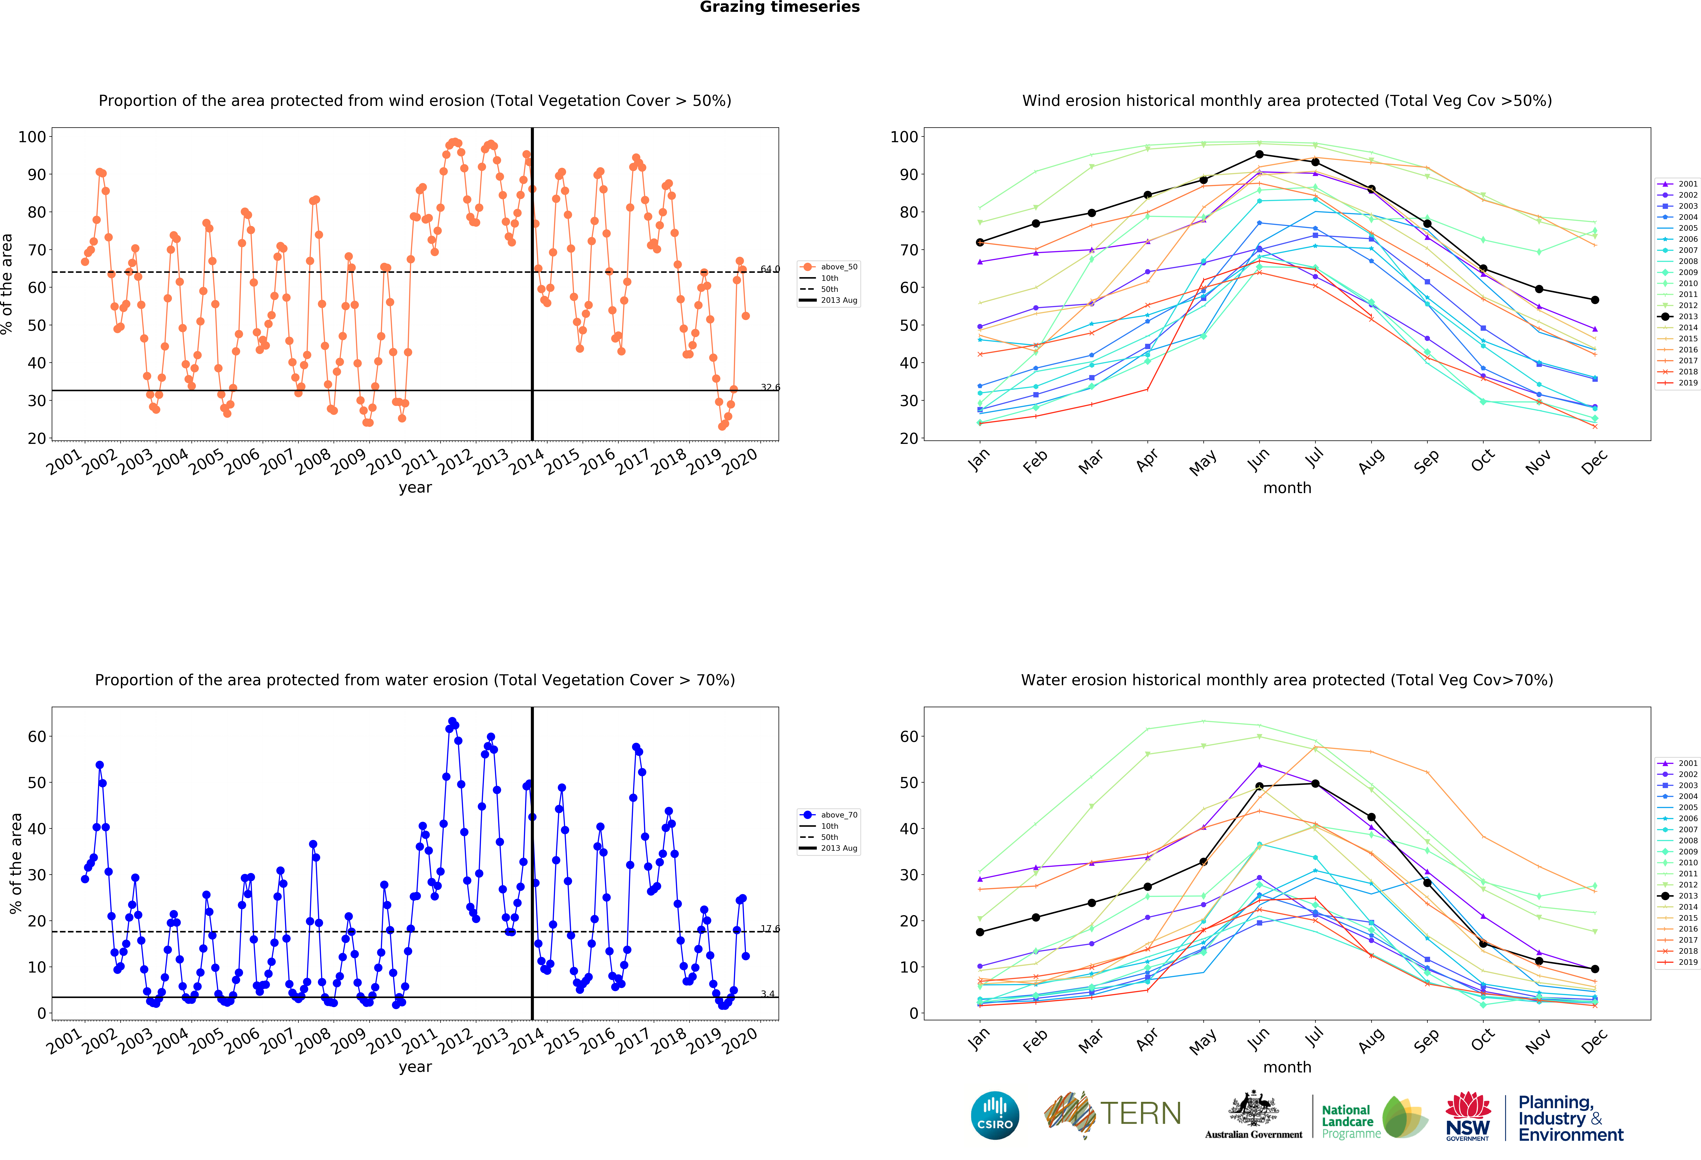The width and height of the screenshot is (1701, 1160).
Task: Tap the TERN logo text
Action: click(x=1140, y=1114)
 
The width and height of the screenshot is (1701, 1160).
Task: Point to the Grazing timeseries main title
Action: click(x=779, y=7)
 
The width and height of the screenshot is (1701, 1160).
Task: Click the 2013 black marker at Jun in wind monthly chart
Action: click(x=1259, y=155)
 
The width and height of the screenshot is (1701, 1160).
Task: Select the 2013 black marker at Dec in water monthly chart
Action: click(x=1595, y=969)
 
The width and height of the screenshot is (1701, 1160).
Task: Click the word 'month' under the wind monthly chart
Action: click(x=1287, y=488)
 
